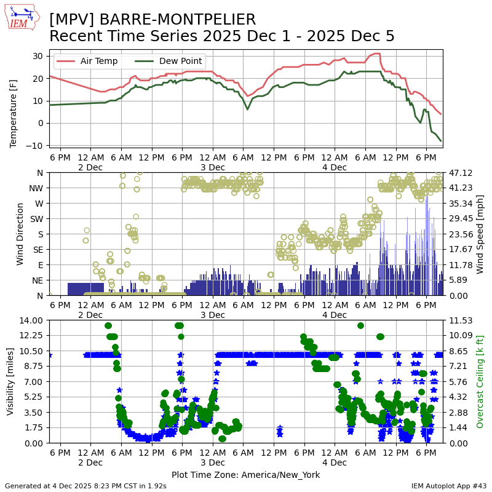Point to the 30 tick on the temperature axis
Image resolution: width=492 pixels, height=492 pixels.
38,56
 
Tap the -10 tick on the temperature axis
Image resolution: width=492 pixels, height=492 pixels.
35,145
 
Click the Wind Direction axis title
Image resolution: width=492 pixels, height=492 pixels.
21,234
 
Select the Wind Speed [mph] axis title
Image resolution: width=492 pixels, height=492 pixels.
480,234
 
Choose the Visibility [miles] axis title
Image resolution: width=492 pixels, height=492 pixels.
10,381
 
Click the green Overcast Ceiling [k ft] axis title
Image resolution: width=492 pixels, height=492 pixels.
480,381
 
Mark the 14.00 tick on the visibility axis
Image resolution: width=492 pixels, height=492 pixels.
31,320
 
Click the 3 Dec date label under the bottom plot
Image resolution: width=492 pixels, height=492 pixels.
212,462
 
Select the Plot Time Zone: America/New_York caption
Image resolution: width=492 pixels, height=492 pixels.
245,475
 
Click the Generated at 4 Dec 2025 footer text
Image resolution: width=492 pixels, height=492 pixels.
85,486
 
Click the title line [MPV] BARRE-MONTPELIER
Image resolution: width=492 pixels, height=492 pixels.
153,20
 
